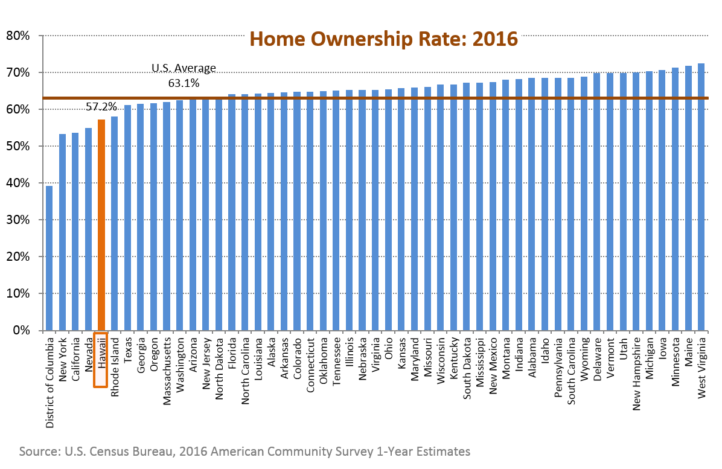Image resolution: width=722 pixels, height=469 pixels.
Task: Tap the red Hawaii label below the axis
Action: click(x=101, y=359)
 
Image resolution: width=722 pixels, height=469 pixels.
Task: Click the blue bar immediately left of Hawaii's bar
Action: click(x=88, y=229)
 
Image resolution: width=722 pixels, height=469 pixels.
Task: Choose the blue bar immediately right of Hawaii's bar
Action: click(x=114, y=223)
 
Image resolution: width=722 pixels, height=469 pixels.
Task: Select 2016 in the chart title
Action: click(x=495, y=39)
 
